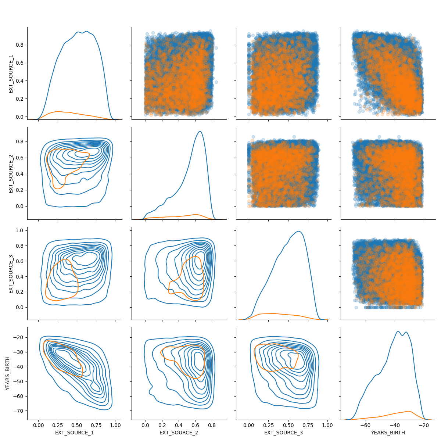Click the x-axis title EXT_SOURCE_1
(x=74, y=433)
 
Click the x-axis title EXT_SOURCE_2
(x=179, y=433)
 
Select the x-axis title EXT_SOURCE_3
(x=283, y=433)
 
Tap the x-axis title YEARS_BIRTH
(x=388, y=433)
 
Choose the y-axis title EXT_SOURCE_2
(x=11, y=173)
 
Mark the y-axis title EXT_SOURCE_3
(x=11, y=274)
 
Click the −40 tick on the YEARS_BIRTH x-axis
(x=395, y=425)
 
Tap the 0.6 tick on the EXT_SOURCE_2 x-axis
(x=195, y=425)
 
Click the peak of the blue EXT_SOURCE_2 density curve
(x=200, y=131)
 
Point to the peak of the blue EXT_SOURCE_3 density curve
(x=299, y=231)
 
